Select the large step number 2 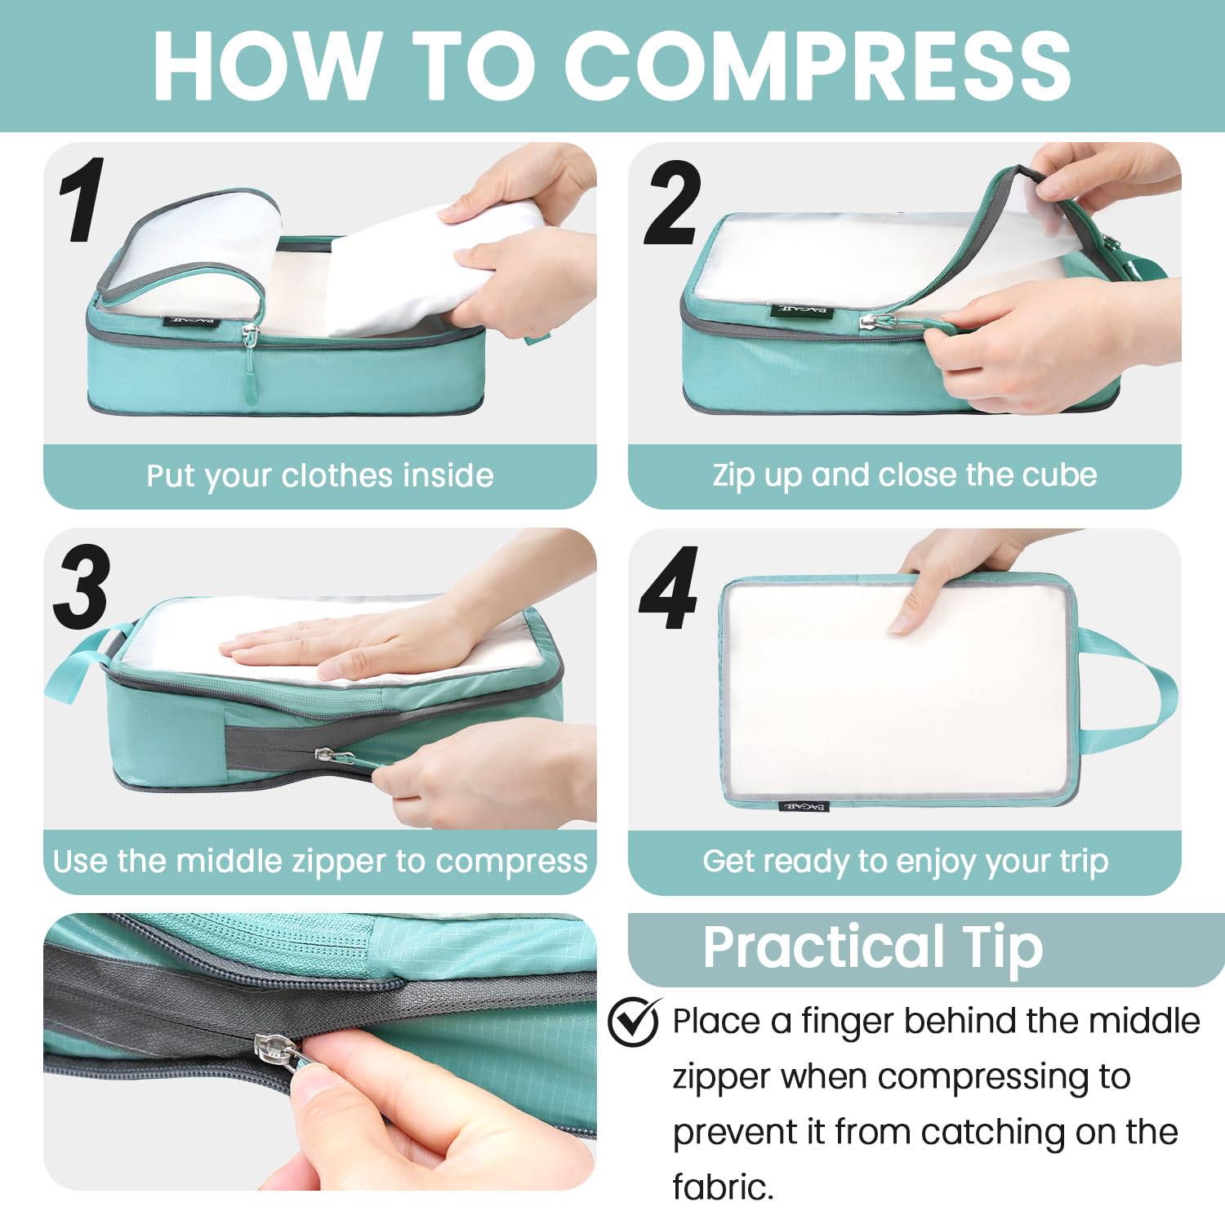coord(672,204)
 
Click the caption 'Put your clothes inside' coord(319,476)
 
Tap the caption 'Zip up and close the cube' coord(904,475)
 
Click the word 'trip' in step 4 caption coord(1083,862)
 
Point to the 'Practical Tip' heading coord(872,947)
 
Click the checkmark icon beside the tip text coord(634,1021)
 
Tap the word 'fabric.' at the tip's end coord(722,1187)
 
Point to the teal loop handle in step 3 coord(78,661)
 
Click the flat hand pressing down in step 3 coord(343,645)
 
